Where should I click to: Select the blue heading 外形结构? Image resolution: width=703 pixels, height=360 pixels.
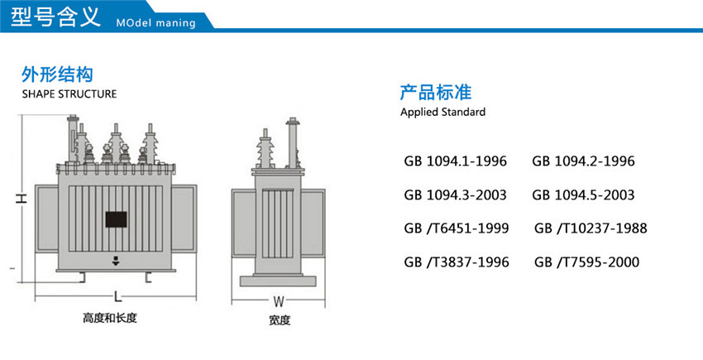[51, 74]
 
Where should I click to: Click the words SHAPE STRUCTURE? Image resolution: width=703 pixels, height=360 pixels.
[69, 94]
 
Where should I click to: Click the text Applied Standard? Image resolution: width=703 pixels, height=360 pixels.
[442, 112]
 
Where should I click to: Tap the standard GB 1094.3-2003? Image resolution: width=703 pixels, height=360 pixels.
[455, 195]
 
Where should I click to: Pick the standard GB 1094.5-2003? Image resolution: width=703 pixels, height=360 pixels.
[583, 195]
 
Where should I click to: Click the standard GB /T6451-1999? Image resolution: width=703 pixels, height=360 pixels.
[457, 228]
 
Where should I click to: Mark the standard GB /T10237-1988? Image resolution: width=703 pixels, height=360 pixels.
[591, 228]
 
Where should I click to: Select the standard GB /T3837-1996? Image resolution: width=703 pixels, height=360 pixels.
[457, 262]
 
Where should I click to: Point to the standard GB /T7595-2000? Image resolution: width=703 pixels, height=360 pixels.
[586, 262]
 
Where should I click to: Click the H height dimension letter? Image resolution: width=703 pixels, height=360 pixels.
[22, 199]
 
